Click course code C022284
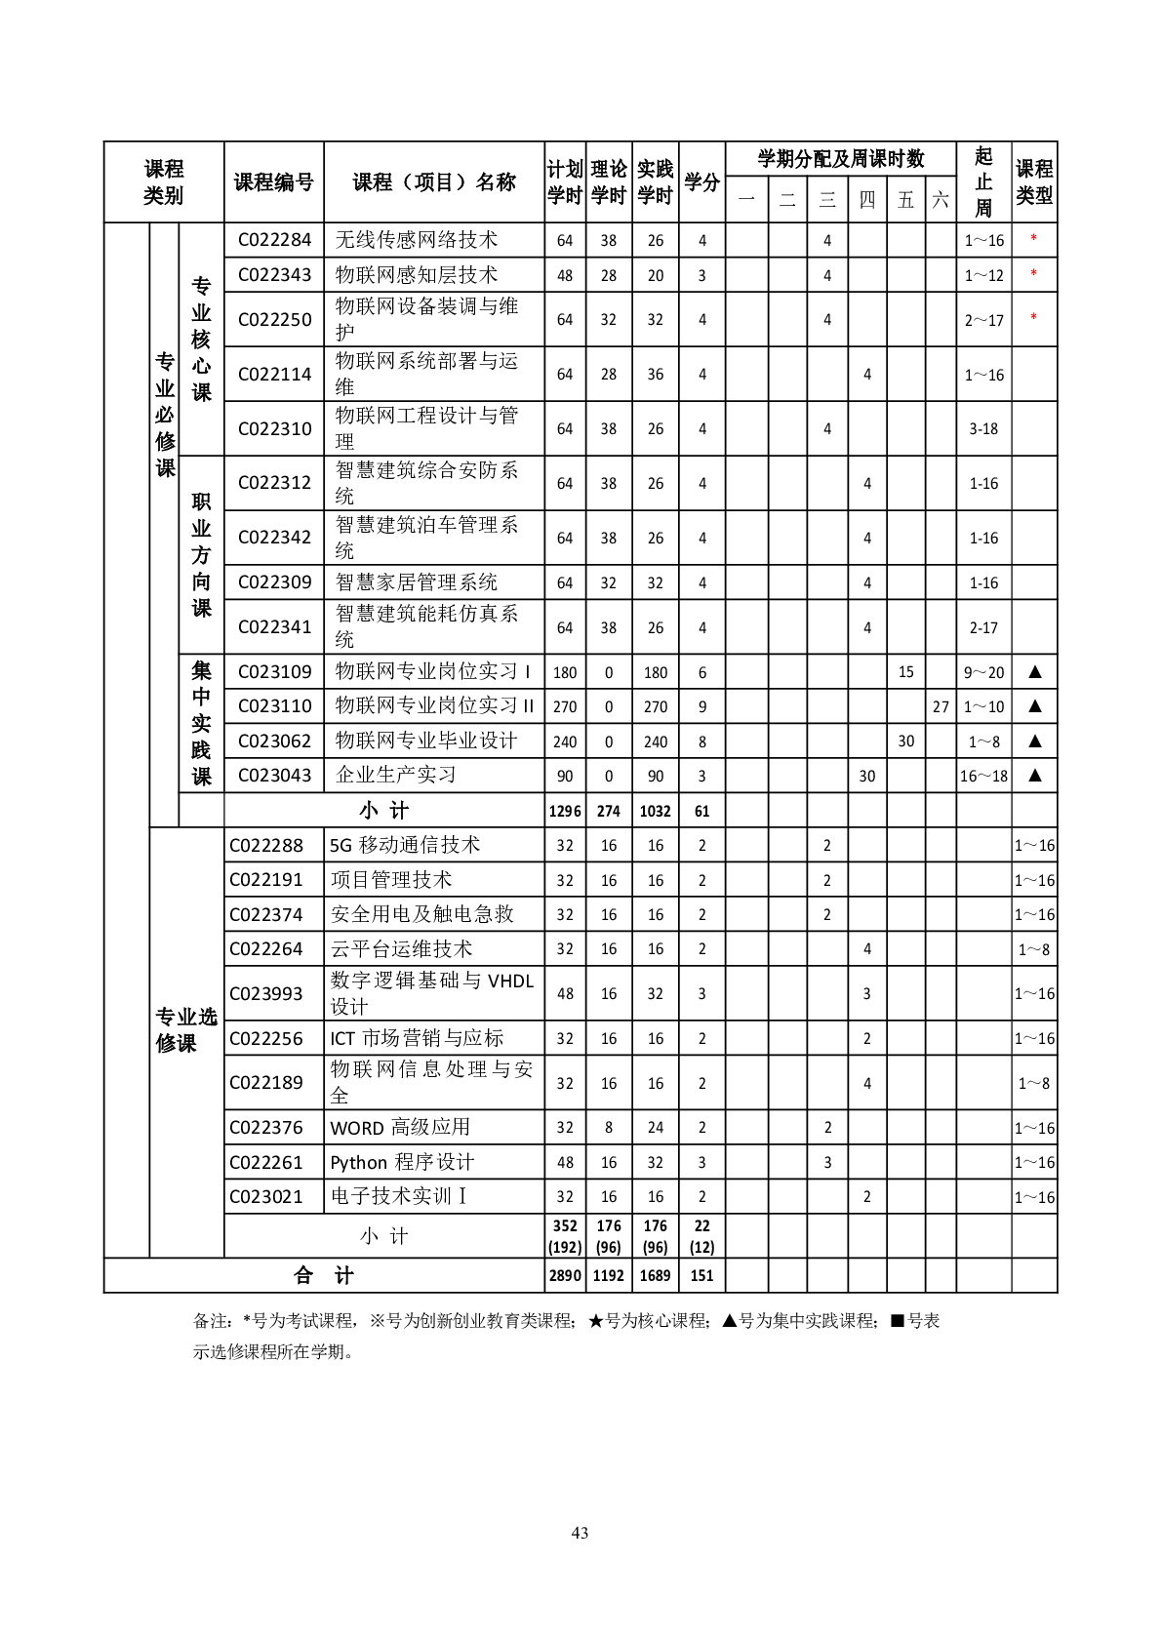pyautogui.click(x=274, y=240)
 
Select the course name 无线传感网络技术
pyautogui.click(x=417, y=240)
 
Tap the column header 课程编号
pyautogui.click(x=273, y=182)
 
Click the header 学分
pyautogui.click(x=701, y=182)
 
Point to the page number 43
pyautogui.click(x=580, y=1533)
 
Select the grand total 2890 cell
pyautogui.click(x=565, y=1275)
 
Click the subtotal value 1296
pyautogui.click(x=565, y=811)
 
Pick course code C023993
pyautogui.click(x=266, y=993)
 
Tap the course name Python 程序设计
pyautogui.click(x=402, y=1162)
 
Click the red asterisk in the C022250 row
pyautogui.click(x=1033, y=318)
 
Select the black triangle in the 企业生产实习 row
pyautogui.click(x=1035, y=776)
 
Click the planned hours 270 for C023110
pyautogui.click(x=565, y=706)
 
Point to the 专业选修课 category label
pyautogui.click(x=186, y=1029)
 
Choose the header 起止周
pyautogui.click(x=983, y=182)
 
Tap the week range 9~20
pyautogui.click(x=983, y=672)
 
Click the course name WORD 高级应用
pyautogui.click(x=400, y=1128)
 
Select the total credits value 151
pyautogui.click(x=701, y=1275)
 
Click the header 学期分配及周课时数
pyautogui.click(x=840, y=159)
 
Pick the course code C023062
pyautogui.click(x=274, y=741)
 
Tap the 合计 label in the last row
pyautogui.click(x=324, y=1275)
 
